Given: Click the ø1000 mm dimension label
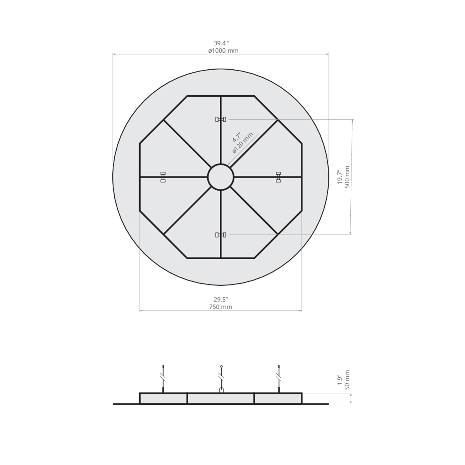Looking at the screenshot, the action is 223,51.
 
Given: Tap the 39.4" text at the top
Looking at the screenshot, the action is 221,43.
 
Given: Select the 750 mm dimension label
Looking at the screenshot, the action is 220,307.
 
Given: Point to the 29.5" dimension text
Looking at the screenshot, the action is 221,300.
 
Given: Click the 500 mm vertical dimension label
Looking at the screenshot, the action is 347,177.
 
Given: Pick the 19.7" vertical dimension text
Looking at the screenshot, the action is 340,177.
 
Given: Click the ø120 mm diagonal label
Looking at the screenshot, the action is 243,143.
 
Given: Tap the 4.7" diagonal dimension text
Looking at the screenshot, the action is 236,137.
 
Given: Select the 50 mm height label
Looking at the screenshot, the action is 347,380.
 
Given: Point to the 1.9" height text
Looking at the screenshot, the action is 340,380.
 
